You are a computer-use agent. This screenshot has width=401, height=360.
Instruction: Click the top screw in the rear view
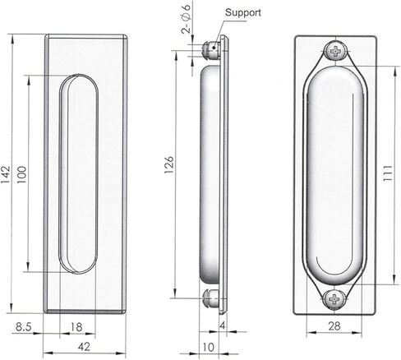pos(335,51)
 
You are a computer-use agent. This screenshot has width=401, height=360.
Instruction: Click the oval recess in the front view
pos(79,173)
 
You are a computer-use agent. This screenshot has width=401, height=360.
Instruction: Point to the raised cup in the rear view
pos(335,173)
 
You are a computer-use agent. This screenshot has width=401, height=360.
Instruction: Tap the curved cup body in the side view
pos(210,173)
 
